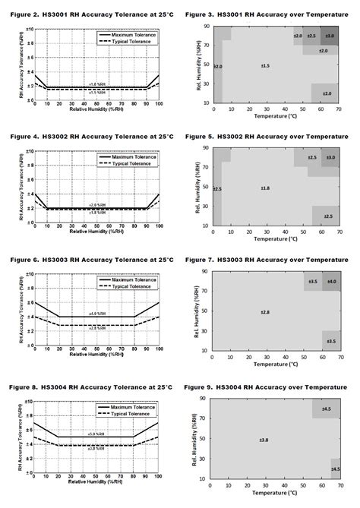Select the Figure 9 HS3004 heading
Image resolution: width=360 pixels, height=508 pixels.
[270, 386]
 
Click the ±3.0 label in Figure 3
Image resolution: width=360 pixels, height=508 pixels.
[329, 36]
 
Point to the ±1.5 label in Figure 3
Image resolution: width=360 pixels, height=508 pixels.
[265, 67]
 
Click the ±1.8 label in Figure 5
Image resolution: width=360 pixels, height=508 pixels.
[265, 188]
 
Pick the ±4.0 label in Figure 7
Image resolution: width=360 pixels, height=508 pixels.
[332, 282]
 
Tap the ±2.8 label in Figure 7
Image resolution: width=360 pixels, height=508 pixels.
[265, 312]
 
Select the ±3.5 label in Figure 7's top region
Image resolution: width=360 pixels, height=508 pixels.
[312, 282]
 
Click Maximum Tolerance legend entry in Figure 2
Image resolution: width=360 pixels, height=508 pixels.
[128, 35]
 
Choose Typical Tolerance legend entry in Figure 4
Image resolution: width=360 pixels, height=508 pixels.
[126, 163]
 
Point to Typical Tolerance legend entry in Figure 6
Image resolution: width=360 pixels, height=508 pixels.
[126, 286]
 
